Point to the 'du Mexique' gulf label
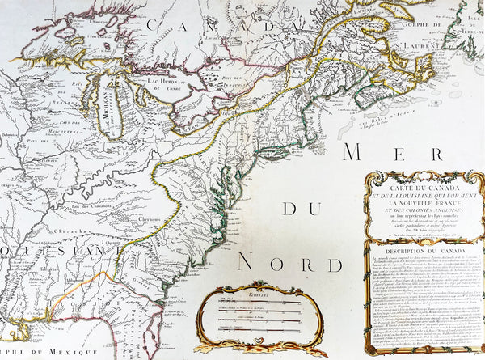tap(40, 352)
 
